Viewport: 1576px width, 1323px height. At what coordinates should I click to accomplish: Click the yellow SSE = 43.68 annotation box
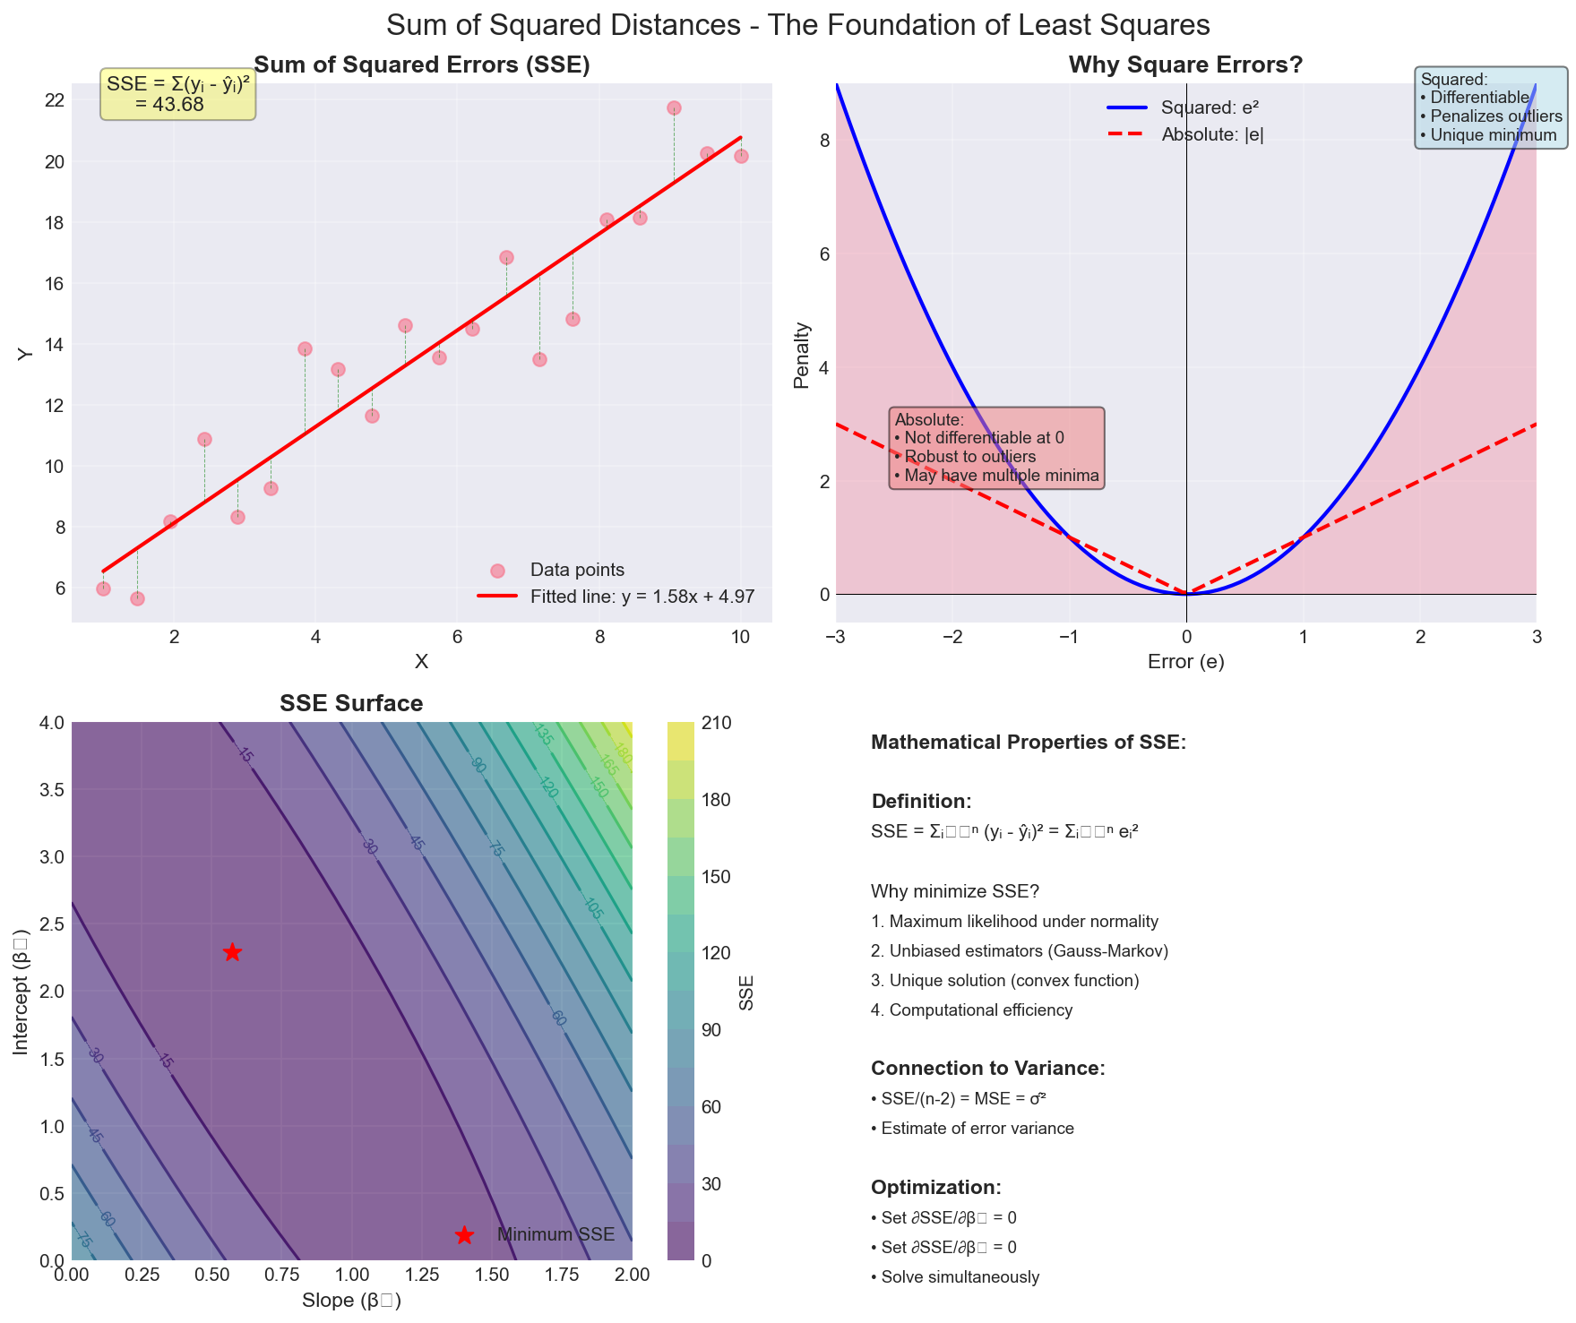177,94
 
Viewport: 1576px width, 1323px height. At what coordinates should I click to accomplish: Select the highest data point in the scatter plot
674,108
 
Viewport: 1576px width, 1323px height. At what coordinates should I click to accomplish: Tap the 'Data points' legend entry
577,571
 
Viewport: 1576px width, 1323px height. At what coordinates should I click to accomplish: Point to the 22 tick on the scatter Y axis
53,100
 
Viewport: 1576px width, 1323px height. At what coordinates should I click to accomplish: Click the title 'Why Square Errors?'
1185,65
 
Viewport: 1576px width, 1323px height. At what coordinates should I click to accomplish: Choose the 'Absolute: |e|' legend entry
1212,135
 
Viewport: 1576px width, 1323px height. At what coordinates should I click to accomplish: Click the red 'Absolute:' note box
996,448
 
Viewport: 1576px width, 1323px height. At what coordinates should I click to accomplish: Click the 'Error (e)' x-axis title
1185,663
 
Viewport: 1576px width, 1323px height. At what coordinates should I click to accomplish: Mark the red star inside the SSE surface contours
232,952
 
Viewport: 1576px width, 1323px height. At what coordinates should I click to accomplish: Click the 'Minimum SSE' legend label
555,1235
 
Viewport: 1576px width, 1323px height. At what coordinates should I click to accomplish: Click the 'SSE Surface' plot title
351,704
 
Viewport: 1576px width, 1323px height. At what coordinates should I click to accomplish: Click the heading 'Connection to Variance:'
987,1069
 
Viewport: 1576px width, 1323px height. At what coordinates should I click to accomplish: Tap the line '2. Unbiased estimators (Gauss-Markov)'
1019,951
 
